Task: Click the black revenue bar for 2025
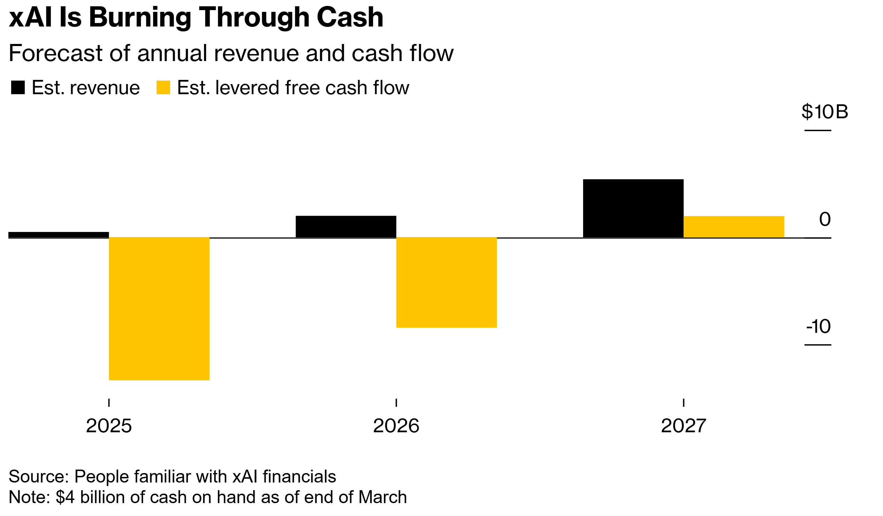[x=59, y=235]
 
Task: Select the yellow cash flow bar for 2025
[x=159, y=308]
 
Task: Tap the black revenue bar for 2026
[x=346, y=226]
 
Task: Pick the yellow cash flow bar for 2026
[x=446, y=283]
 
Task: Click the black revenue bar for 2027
[x=633, y=209]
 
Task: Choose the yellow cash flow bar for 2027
[x=734, y=227]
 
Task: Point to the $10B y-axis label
[x=824, y=112]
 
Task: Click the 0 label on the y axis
[x=825, y=219]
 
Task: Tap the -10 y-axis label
[x=818, y=326]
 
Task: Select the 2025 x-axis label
[x=109, y=426]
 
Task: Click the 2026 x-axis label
[x=396, y=426]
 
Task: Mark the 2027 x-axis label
[x=683, y=426]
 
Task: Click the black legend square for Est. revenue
[x=18, y=87]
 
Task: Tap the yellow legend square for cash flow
[x=163, y=87]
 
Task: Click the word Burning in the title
[x=140, y=17]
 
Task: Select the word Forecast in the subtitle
[x=55, y=53]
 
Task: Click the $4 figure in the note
[x=65, y=497]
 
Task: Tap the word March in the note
[x=382, y=497]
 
